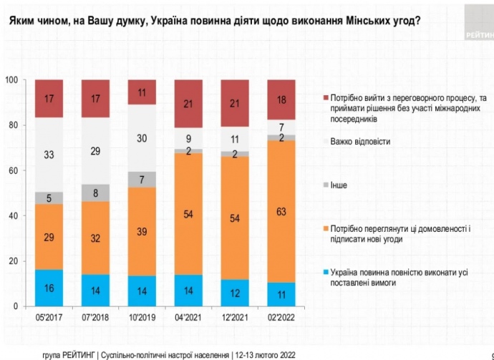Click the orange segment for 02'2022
[281, 211]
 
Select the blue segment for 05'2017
[49, 288]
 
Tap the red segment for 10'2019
[142, 92]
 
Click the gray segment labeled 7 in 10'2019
[142, 180]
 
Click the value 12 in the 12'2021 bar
[235, 292]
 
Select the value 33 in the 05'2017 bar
[49, 154]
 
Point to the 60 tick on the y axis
[11, 170]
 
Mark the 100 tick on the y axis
[10, 79]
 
